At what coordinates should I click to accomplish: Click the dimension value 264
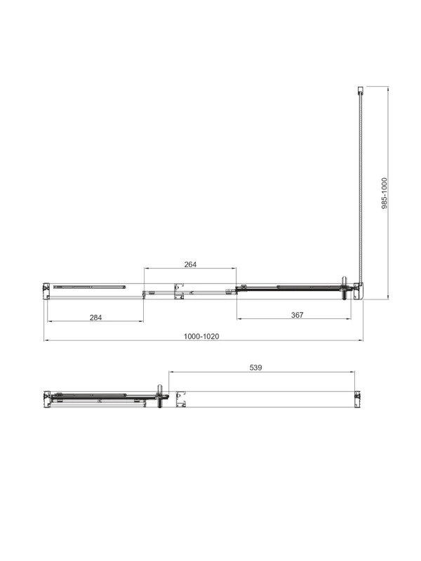pos(190,264)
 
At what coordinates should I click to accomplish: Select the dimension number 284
pos(95,318)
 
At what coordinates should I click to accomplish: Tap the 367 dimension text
pos(297,315)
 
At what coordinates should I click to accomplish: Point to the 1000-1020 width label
pos(201,337)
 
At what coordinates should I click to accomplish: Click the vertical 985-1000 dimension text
pos(385,194)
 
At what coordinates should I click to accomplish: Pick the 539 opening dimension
pos(255,367)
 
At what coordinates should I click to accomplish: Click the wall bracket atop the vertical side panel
pos(361,90)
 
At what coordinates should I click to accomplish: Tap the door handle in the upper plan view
pos(345,288)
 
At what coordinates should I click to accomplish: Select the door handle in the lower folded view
pos(160,396)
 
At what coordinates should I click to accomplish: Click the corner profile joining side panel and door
pos(359,291)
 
